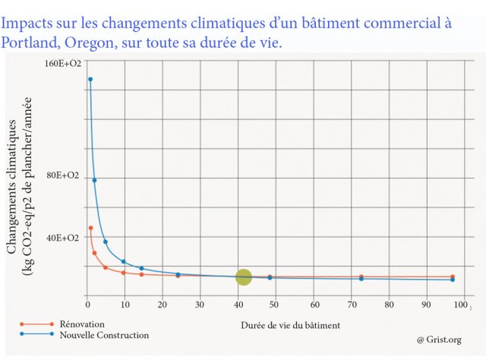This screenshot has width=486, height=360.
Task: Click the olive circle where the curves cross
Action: (244, 277)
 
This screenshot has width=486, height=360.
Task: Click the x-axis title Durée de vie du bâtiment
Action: (290, 325)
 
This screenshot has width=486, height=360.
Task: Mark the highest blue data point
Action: (90, 79)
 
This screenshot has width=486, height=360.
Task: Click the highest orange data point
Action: (90, 228)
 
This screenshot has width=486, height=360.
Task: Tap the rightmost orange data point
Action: (453, 276)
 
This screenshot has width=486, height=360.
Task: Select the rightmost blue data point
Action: (453, 279)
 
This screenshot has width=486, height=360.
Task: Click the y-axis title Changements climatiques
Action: (14, 189)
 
